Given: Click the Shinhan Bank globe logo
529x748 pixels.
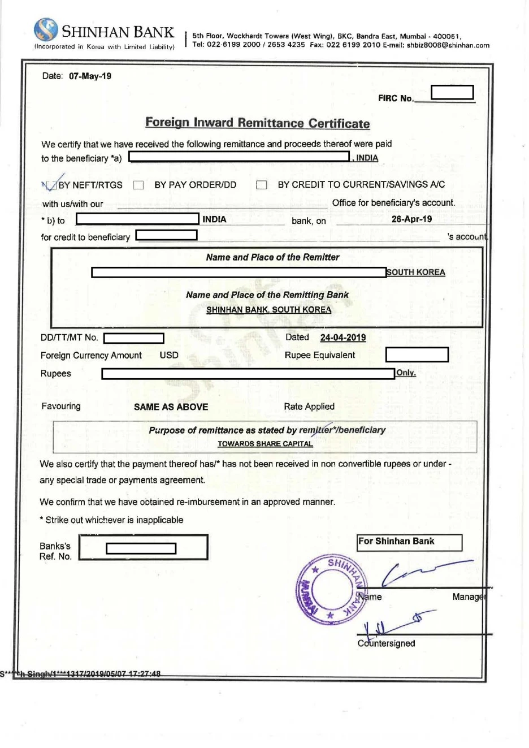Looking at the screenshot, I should click(46, 29).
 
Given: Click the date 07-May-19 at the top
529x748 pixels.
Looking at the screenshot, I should click(90, 76).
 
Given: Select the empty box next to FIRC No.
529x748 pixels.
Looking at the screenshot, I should click(452, 92).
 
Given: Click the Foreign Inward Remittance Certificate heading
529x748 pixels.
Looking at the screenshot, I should click(258, 123).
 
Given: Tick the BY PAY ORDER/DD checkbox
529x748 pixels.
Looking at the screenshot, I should click(138, 185).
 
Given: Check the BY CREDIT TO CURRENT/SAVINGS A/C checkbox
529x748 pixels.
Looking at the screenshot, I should click(261, 185).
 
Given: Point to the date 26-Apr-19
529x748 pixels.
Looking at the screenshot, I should click(411, 219).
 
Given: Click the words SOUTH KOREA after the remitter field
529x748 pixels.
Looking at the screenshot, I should click(416, 273).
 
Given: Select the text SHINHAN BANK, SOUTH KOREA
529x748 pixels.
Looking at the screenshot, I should click(268, 310).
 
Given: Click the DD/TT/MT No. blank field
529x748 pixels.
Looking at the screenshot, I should click(134, 338).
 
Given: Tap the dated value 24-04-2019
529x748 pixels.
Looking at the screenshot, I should click(342, 338).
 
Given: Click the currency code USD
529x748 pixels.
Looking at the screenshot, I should click(169, 355).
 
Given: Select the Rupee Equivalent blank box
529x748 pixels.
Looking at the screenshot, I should click(417, 354).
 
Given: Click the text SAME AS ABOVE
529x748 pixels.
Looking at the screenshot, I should click(171, 407).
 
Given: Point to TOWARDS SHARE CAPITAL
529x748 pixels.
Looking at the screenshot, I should click(265, 444).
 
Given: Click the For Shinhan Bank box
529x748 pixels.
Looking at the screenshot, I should click(409, 542).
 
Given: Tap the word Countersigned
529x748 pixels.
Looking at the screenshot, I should click(387, 643).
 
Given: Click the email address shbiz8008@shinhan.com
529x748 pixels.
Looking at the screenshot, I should click(448, 45).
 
